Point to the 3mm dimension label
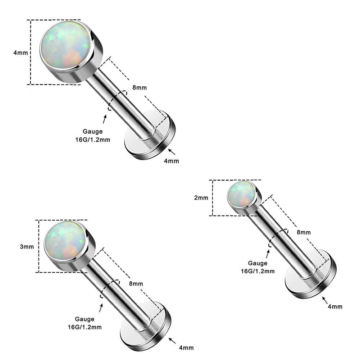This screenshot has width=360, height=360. (x=27, y=247)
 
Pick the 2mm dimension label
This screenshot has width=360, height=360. (x=201, y=198)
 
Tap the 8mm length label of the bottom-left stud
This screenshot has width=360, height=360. (x=136, y=284)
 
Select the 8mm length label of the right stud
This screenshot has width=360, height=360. (x=304, y=232)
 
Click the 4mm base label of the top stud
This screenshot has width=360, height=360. (x=171, y=161)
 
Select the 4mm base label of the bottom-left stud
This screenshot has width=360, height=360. (x=186, y=348)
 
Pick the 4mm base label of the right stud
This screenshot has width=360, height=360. (x=335, y=306)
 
